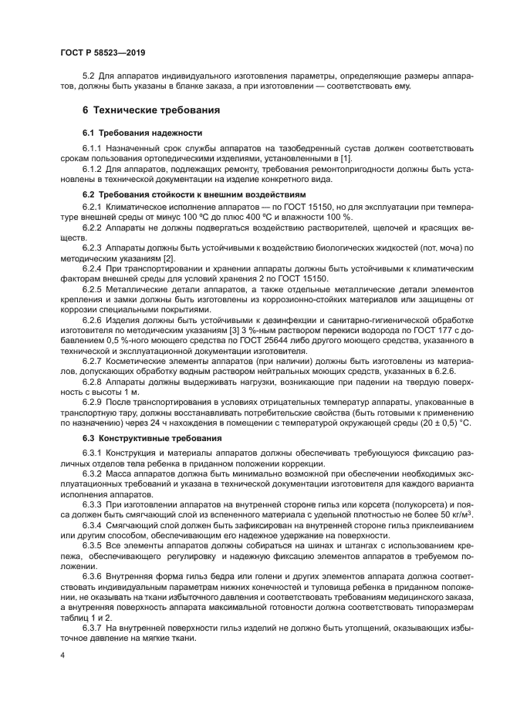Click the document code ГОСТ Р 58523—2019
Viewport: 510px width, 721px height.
[102, 52]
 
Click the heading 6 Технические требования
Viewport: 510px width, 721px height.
[151, 110]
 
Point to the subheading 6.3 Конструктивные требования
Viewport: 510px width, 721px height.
[141, 438]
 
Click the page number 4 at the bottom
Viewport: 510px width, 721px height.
[62, 654]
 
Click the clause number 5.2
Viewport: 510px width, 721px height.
[88, 76]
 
